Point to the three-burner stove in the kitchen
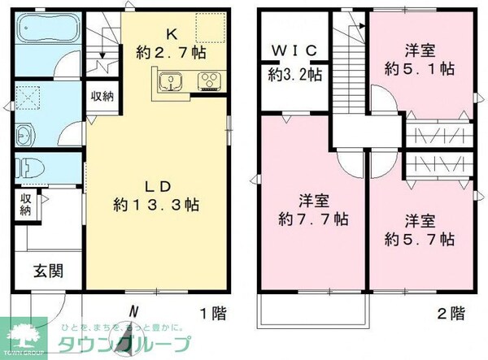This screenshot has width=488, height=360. coord(208,80)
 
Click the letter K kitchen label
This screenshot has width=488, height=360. coord(171,34)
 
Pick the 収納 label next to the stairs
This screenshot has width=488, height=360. coord(102,96)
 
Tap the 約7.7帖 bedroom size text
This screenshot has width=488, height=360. coord(313,219)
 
